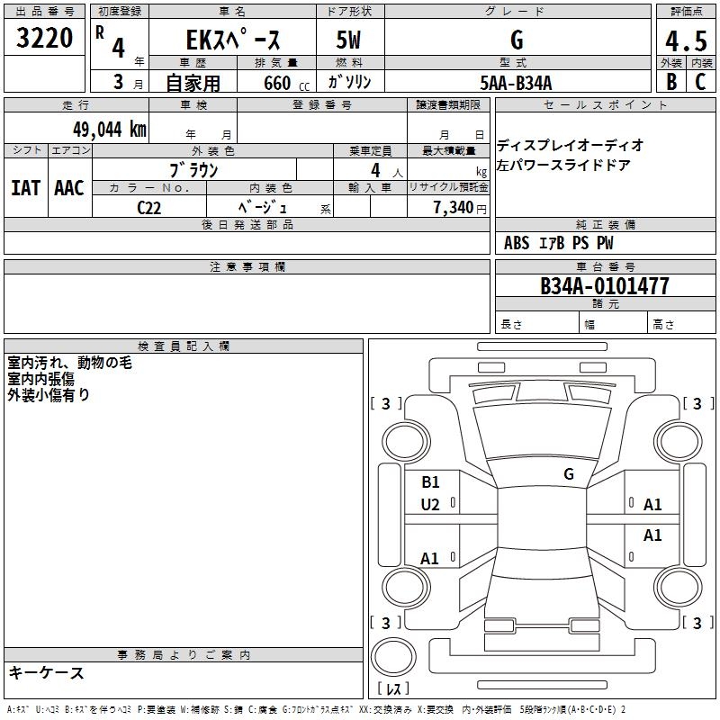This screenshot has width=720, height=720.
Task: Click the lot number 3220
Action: [x=44, y=40]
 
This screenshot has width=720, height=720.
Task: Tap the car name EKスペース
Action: [x=233, y=40]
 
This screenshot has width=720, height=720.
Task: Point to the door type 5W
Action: [x=350, y=40]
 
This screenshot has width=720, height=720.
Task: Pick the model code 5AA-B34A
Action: [x=516, y=83]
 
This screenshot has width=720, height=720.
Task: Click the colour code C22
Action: [x=149, y=207]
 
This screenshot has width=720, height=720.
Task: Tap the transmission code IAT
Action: [x=25, y=188]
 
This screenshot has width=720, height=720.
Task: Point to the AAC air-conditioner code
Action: [x=69, y=188]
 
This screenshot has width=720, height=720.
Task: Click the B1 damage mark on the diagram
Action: [x=430, y=481]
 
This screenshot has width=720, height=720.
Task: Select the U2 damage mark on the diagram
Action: [x=430, y=505]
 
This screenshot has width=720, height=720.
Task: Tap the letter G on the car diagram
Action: [x=568, y=474]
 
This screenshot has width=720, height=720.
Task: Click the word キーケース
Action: [x=46, y=672]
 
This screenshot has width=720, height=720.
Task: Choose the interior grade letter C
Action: [x=700, y=83]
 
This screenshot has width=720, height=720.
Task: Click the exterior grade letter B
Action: [x=670, y=83]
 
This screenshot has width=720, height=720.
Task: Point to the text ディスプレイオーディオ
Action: [x=571, y=145]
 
